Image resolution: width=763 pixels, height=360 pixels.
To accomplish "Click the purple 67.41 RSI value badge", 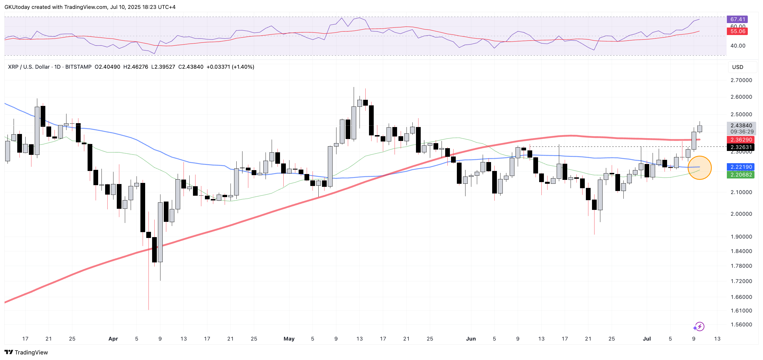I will tap(737, 19).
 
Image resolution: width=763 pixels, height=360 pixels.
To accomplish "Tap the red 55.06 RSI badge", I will tap(737, 31).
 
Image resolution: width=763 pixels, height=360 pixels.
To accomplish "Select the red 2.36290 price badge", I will tap(741, 140).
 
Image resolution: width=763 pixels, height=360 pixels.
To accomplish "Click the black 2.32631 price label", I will tap(741, 147).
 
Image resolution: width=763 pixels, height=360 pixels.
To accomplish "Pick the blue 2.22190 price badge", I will tap(741, 167).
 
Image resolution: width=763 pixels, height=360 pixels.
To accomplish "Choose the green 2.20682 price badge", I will tap(741, 175).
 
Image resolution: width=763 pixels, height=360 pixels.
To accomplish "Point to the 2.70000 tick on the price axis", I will tap(741, 80).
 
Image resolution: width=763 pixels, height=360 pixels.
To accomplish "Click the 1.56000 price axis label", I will tap(741, 324).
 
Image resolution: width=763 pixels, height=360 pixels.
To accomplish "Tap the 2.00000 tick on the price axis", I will tap(741, 214).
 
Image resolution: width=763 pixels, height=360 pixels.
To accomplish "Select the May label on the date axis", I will tap(289, 339).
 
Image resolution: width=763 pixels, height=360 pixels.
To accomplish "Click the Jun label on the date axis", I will tap(471, 339).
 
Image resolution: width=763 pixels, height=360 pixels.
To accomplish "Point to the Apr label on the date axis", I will tap(113, 339).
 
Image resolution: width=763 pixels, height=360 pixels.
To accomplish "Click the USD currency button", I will tap(737, 67).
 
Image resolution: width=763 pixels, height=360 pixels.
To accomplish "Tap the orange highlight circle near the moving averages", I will tap(699, 168).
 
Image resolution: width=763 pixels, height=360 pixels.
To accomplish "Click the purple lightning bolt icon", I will tap(699, 327).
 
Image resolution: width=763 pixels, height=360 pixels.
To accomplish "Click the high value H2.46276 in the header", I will tap(136, 67).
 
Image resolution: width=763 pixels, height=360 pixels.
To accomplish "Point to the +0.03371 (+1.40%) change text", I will tap(230, 67).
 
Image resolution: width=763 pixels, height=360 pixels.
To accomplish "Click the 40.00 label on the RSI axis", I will tap(738, 46).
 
